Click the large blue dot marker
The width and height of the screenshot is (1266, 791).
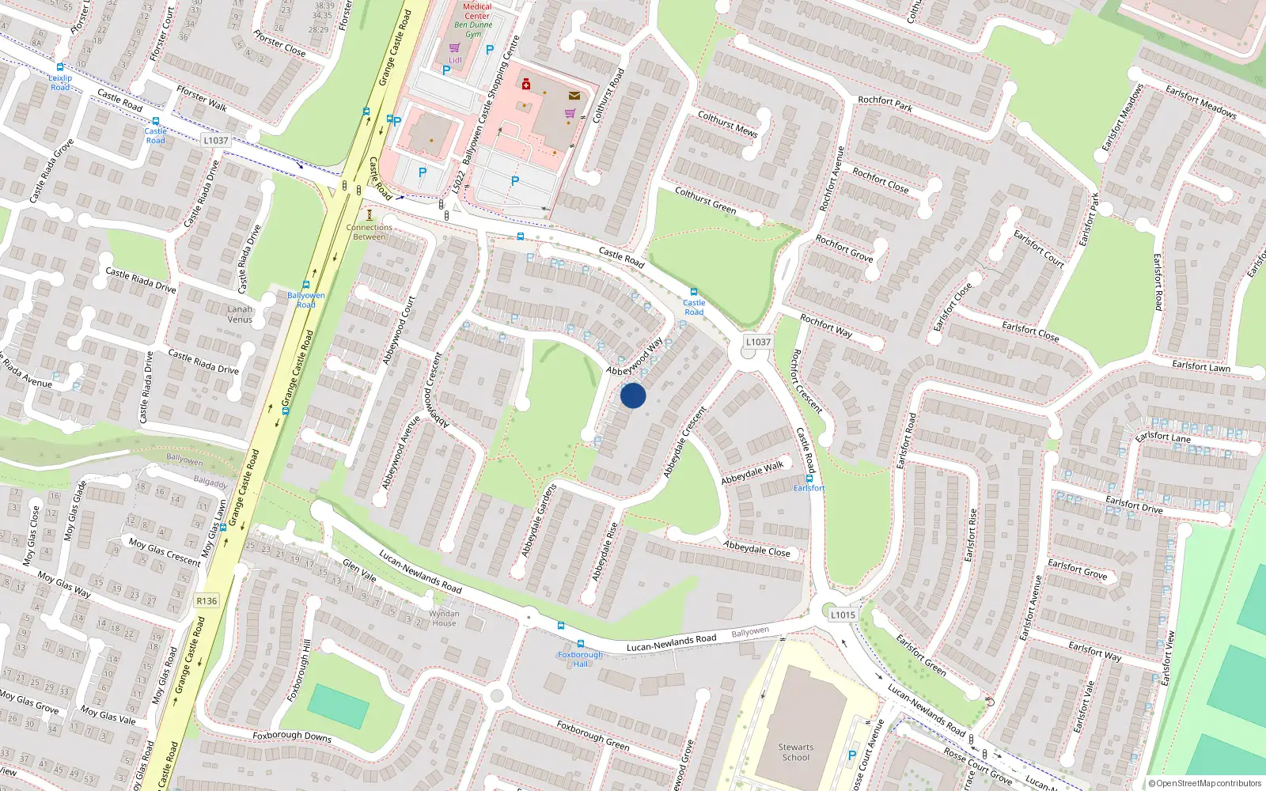click(633, 395)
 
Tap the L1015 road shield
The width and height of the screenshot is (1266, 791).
click(843, 615)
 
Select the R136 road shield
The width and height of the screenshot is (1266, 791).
click(207, 601)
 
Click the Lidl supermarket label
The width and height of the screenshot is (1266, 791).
click(455, 60)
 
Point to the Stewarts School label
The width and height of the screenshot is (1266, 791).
click(795, 752)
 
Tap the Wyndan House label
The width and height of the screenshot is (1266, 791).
click(444, 618)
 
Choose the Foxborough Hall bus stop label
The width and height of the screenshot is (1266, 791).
click(580, 659)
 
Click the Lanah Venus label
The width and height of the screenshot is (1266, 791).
click(240, 314)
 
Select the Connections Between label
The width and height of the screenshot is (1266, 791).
click(369, 232)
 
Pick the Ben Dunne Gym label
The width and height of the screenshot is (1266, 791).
click(473, 29)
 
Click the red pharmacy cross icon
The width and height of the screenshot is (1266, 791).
click(525, 84)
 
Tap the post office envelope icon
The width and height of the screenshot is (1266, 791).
click(574, 96)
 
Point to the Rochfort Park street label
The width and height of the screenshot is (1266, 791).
click(885, 103)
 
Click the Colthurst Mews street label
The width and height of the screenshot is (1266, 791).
click(727, 123)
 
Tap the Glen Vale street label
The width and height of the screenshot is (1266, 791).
click(359, 570)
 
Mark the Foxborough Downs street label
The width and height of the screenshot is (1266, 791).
click(292, 736)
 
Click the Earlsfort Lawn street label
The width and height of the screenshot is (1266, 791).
click(1200, 366)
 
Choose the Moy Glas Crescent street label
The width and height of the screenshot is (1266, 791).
click(165, 551)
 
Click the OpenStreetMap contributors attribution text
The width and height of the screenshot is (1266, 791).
click(1205, 783)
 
